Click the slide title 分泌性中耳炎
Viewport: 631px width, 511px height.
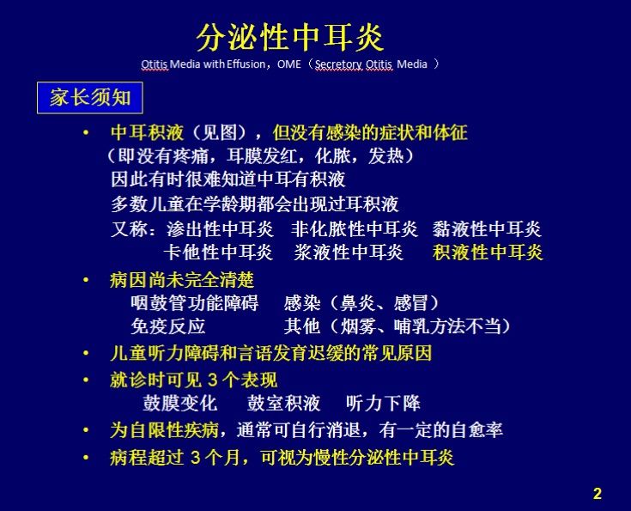[x=291, y=37]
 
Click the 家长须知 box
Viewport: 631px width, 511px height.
[x=89, y=97]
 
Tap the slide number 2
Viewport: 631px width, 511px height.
[x=598, y=493]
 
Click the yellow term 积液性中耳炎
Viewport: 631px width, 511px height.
[x=488, y=252]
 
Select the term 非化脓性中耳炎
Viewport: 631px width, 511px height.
[x=354, y=229]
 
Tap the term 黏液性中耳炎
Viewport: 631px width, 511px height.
[x=488, y=229]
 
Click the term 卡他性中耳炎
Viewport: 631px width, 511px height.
[x=218, y=252]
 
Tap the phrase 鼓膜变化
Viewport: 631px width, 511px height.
[x=179, y=404]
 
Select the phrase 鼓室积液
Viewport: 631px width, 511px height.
[x=283, y=404]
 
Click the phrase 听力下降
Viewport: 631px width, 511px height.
[x=383, y=404]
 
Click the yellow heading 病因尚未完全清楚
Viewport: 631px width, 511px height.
[x=182, y=280]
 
